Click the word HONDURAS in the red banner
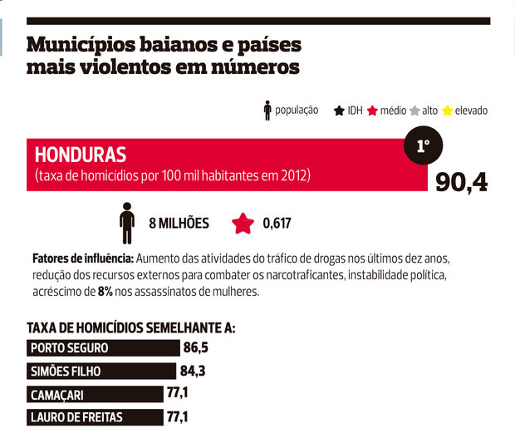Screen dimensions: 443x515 click(x=81, y=155)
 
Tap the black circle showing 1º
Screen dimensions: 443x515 click(x=422, y=147)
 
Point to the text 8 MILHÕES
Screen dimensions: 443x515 click(x=179, y=223)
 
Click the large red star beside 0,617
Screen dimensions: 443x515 click(x=243, y=223)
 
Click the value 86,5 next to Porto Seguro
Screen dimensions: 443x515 click(x=195, y=347)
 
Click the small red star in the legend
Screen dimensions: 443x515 click(x=373, y=110)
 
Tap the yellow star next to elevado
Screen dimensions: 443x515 click(x=447, y=110)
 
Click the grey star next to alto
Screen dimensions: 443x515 click(x=414, y=110)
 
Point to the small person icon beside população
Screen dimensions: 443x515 click(x=267, y=108)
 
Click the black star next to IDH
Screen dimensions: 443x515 click(x=339, y=110)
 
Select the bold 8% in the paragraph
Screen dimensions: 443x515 click(x=105, y=292)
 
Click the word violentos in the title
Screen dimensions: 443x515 click(x=112, y=67)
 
